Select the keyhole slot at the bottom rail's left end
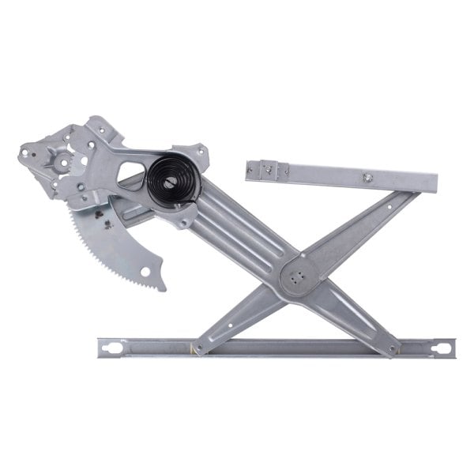(x=110, y=347)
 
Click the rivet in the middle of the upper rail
(x=367, y=179)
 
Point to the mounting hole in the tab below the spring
(x=183, y=223)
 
